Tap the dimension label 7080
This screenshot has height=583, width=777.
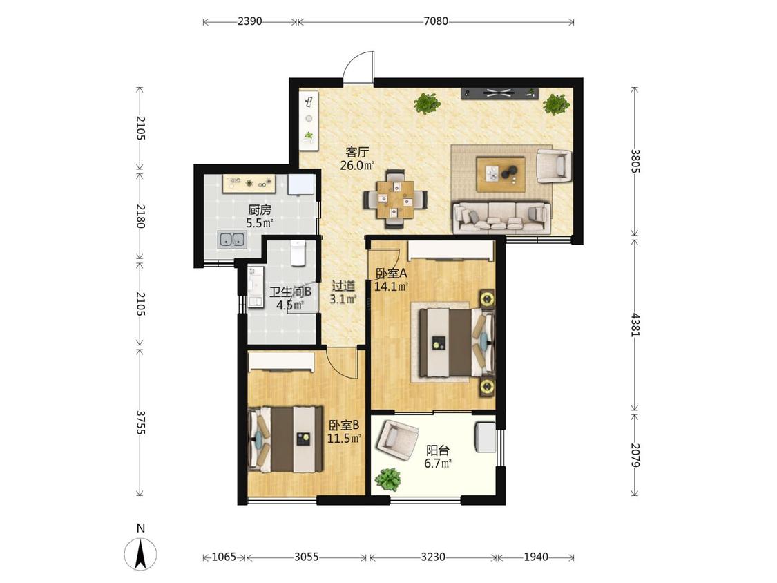pyautogui.click(x=436, y=21)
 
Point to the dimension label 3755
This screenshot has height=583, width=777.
pyautogui.click(x=140, y=422)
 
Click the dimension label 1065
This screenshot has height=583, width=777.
pyautogui.click(x=224, y=557)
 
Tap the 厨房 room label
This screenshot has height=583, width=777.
pyautogui.click(x=260, y=210)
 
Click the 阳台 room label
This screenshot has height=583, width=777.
pyautogui.click(x=438, y=450)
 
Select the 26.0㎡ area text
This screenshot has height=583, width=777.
pyautogui.click(x=357, y=166)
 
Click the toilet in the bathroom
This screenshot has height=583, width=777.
pyautogui.click(x=297, y=253)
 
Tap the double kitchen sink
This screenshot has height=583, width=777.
pyautogui.click(x=232, y=240)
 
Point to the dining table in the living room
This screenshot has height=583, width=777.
pyautogui.click(x=395, y=200)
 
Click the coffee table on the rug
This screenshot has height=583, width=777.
pyautogui.click(x=501, y=173)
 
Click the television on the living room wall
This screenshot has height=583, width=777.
pyautogui.click(x=499, y=93)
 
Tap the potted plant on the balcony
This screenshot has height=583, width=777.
pyautogui.click(x=387, y=480)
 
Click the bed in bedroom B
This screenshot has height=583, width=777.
pyautogui.click(x=286, y=439)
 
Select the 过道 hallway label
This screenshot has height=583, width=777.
pyautogui.click(x=343, y=286)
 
